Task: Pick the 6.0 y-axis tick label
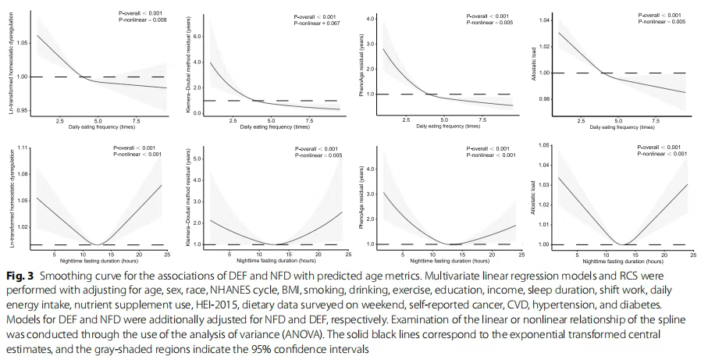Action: tap(198, 36)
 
